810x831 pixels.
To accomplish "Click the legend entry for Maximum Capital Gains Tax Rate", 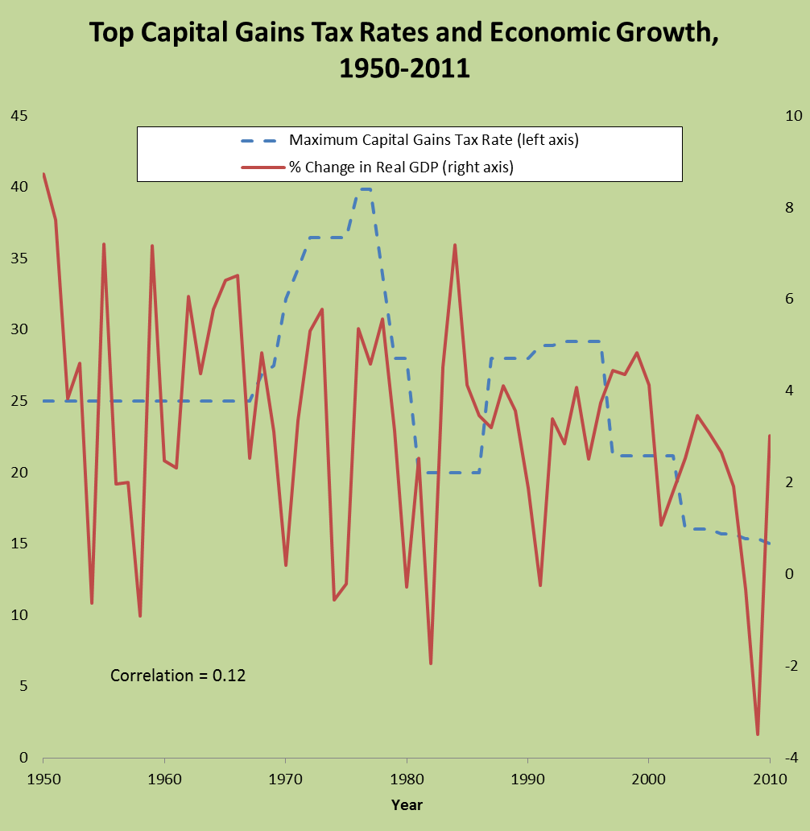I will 434,139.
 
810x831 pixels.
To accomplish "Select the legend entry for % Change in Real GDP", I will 401,167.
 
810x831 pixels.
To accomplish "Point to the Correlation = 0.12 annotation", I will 178,676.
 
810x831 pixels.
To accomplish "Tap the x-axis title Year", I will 407,804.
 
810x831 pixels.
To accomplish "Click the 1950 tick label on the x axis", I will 43,779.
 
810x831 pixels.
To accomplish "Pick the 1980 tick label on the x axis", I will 407,779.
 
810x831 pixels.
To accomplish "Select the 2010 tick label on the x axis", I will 770,779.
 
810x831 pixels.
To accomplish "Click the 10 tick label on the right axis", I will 791,116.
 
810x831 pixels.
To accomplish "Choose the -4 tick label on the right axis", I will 791,758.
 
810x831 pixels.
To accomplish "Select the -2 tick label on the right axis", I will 791,666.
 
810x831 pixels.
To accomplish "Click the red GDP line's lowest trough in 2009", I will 758,734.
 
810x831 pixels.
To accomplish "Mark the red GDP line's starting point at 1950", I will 43,174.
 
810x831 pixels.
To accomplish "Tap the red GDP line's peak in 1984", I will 455,245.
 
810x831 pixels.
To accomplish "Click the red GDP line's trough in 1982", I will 431,664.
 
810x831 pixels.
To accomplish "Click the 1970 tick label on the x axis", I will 285,779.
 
